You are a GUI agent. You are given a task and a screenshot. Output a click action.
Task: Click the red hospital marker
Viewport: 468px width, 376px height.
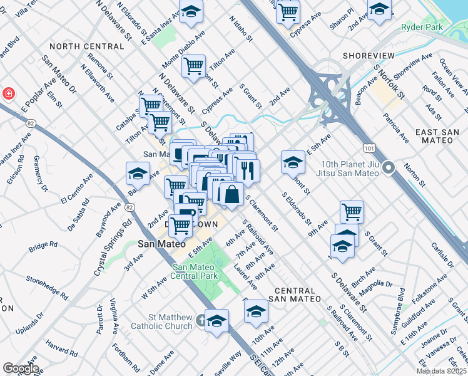coord(9,93)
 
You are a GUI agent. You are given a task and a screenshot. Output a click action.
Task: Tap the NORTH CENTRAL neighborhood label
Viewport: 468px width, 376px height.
coord(86,46)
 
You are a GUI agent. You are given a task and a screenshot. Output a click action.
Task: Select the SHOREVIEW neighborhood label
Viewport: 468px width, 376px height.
coord(369,56)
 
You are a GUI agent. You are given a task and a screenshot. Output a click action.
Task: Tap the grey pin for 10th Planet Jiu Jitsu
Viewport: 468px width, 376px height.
coord(389,167)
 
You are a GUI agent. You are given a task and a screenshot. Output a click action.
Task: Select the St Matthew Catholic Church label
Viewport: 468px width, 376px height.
coord(161,321)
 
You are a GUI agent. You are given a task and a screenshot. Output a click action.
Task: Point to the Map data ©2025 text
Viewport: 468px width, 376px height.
coord(440,371)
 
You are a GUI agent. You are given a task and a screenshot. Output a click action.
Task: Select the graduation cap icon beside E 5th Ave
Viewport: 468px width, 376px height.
coord(292,162)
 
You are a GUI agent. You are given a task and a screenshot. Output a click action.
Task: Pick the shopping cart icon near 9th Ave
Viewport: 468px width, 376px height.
coord(352,211)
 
